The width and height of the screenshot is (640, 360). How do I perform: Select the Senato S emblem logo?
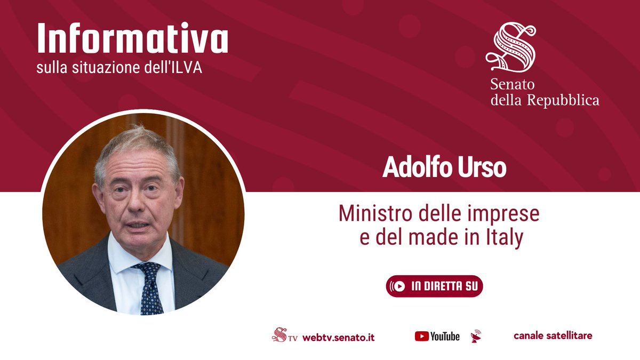point(510,49)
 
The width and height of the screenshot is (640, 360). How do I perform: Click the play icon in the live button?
point(399,286)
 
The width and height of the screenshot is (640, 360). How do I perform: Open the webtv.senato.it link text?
point(338,337)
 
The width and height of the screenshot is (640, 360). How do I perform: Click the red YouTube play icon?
point(422,336)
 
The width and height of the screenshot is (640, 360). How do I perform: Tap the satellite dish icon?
point(476,336)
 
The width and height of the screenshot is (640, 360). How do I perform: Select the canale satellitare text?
point(553,335)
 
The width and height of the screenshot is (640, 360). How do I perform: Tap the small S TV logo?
point(283,335)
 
